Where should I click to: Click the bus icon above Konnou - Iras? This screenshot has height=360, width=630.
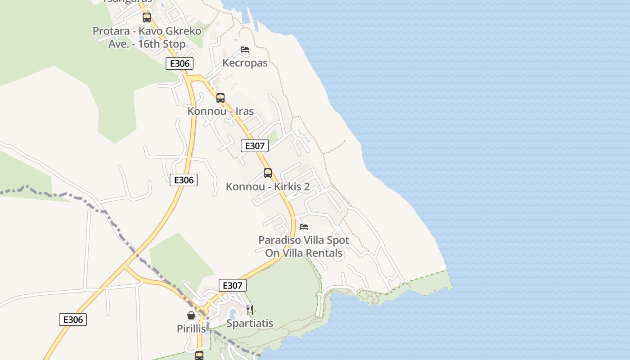pyautogui.click(x=220, y=98)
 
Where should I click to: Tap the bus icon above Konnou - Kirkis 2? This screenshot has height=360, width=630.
pyautogui.click(x=268, y=173)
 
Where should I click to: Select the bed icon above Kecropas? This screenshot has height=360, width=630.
pyautogui.click(x=245, y=49)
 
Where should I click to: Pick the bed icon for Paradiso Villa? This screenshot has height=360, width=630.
pyautogui.click(x=304, y=226)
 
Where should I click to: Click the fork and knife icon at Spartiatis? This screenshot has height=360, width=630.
pyautogui.click(x=250, y=310)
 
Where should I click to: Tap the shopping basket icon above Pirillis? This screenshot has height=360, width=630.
pyautogui.click(x=191, y=315)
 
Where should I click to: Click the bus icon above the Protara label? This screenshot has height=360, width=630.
pyautogui.click(x=147, y=18)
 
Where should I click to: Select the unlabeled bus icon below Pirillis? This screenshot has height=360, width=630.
pyautogui.click(x=199, y=355)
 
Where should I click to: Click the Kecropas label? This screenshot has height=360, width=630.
pyautogui.click(x=245, y=63)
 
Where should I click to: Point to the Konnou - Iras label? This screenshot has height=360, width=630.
pyautogui.click(x=220, y=111)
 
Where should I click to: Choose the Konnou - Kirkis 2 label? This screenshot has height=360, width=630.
pyautogui.click(x=268, y=186)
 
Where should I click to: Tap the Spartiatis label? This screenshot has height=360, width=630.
pyautogui.click(x=250, y=323)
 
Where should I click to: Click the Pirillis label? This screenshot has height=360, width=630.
pyautogui.click(x=191, y=329)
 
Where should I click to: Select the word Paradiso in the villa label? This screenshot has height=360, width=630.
pyautogui.click(x=280, y=240)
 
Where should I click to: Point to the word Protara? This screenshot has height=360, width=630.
pyautogui.click(x=112, y=31)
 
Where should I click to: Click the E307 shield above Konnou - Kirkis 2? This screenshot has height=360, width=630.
pyautogui.click(x=255, y=146)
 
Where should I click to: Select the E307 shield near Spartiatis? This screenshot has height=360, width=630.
pyautogui.click(x=233, y=285)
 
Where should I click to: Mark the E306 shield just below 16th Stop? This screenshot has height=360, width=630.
pyautogui.click(x=180, y=63)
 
